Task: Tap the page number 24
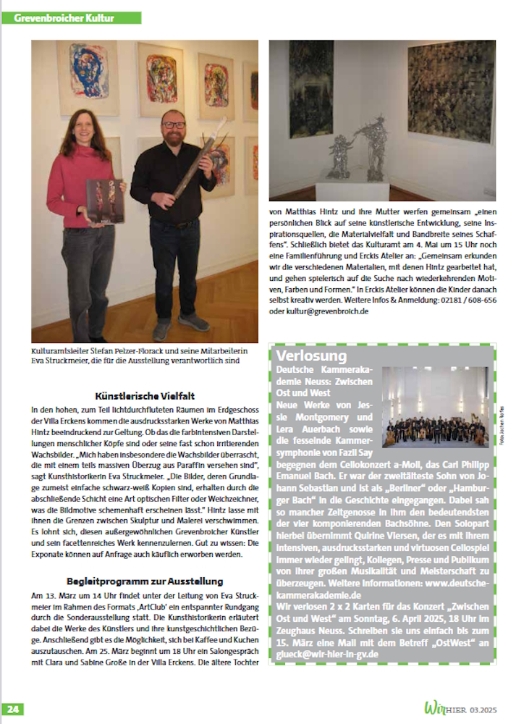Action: coord(15,707)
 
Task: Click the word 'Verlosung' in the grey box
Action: coord(312,355)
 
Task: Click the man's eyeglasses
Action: coord(174,125)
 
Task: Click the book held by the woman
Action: coord(104,201)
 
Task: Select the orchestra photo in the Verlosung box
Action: coord(436,407)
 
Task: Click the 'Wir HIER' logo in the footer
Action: coord(443,707)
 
